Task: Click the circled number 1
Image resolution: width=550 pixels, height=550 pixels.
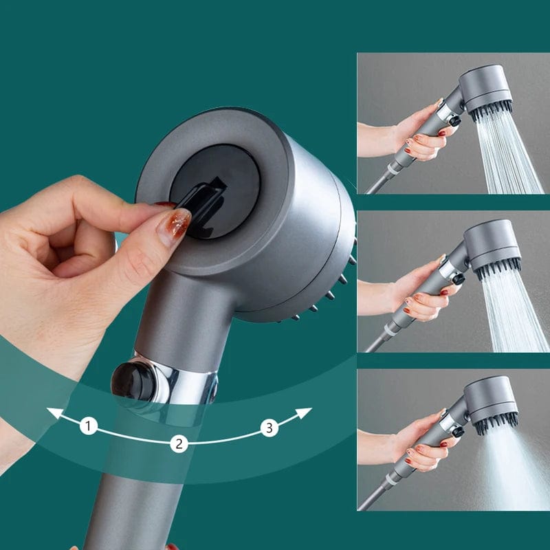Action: pyautogui.click(x=88, y=426)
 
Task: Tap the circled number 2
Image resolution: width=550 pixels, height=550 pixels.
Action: pyautogui.click(x=179, y=443)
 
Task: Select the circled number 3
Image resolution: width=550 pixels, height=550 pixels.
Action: pyautogui.click(x=269, y=428)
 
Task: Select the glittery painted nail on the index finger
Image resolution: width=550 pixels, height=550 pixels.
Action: pyautogui.click(x=174, y=226)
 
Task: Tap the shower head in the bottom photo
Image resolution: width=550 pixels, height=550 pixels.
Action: pyautogui.click(x=491, y=402)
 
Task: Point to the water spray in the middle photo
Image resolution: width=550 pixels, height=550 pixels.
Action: pyautogui.click(x=516, y=309)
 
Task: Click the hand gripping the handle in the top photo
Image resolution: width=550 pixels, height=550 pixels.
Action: pyautogui.click(x=416, y=134)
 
